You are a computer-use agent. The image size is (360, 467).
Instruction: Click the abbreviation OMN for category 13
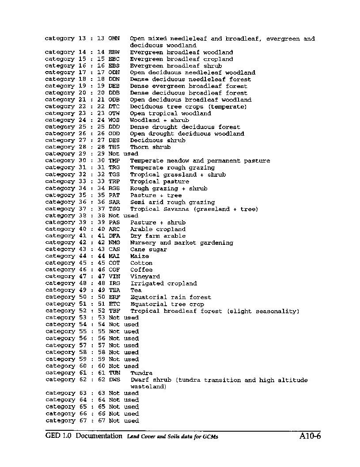[x=114, y=38]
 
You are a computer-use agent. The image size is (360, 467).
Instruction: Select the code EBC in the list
[x=114, y=59]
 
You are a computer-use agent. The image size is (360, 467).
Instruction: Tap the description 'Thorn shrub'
[x=150, y=147]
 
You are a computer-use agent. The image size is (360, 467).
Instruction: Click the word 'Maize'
[x=140, y=256]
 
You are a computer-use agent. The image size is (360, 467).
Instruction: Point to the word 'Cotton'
[x=141, y=263]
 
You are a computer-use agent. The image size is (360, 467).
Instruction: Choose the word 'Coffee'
[x=141, y=270]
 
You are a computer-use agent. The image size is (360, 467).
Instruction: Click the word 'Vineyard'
[x=145, y=277]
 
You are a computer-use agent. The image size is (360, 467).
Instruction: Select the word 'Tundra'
[x=141, y=373]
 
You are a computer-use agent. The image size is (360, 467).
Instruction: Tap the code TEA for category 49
[x=114, y=290]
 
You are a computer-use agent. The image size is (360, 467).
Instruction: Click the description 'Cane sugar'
[x=148, y=250]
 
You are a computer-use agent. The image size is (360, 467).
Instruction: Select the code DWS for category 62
[x=114, y=380]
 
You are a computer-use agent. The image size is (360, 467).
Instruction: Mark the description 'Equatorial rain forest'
[x=171, y=297]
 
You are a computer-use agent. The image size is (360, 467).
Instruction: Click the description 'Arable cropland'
[x=158, y=229]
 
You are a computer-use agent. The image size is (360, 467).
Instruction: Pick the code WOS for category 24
[x=114, y=120]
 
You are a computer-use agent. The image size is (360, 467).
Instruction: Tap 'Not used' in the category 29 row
[x=123, y=154]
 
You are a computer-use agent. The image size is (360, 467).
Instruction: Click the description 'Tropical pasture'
[x=159, y=181]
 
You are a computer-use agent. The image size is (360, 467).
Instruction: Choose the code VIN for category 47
[x=114, y=277]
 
